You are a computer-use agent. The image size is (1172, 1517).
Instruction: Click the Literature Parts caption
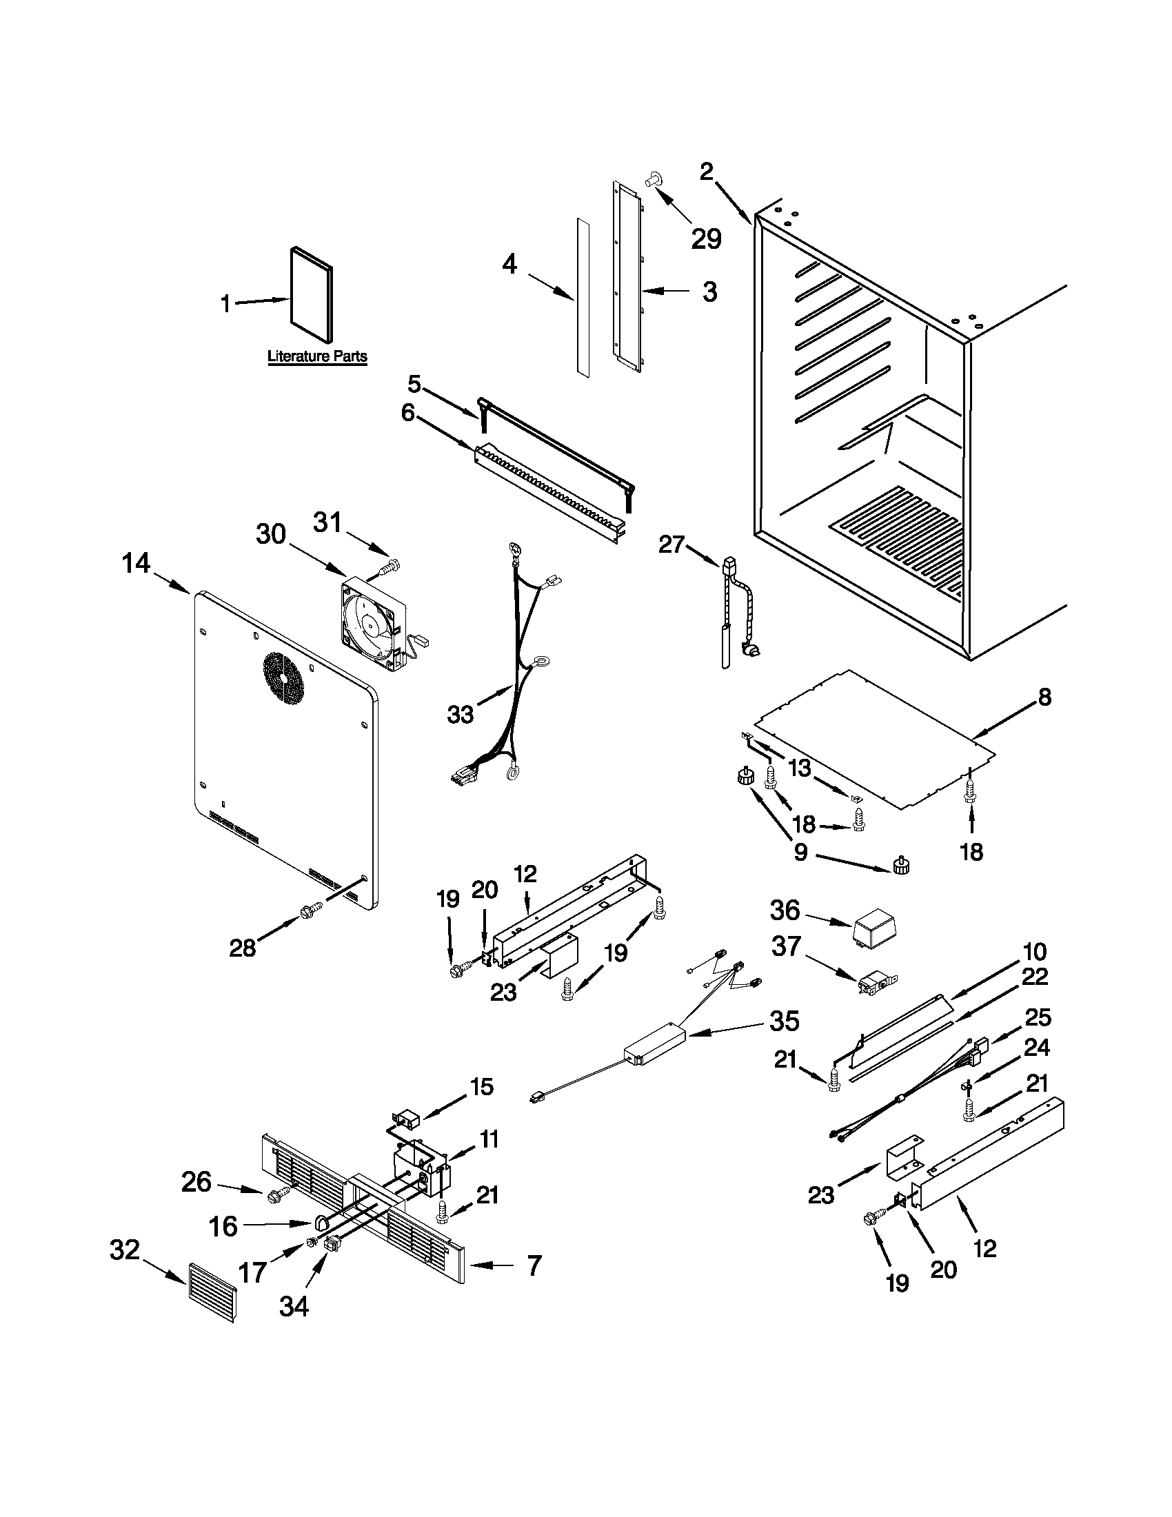pos(318,356)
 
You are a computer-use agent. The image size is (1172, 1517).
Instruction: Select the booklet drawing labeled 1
pos(310,294)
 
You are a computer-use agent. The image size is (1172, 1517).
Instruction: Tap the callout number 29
pos(706,238)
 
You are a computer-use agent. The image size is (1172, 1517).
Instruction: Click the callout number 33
pos(461,713)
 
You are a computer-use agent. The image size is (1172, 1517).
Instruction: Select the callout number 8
pos(1044,697)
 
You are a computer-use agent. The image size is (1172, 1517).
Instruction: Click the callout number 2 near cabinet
pos(706,171)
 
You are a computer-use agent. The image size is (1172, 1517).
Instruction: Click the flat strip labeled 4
pos(582,298)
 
